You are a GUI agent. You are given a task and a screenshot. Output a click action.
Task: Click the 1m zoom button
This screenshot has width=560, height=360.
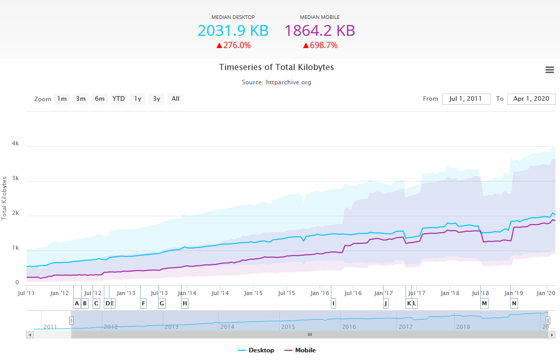pyautogui.click(x=62, y=99)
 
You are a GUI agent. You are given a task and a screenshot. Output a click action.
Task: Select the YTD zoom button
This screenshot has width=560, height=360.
pyautogui.click(x=119, y=99)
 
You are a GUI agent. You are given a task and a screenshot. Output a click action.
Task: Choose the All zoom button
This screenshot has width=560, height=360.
pyautogui.click(x=175, y=99)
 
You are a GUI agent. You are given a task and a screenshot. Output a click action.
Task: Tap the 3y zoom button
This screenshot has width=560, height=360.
pyautogui.click(x=156, y=99)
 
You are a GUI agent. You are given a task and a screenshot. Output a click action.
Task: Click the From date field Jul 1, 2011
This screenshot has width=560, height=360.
pyautogui.click(x=466, y=99)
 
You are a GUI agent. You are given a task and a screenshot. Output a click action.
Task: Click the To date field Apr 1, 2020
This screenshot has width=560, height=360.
pyautogui.click(x=531, y=99)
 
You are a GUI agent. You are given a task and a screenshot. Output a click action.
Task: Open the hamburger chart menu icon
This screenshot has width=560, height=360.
pyautogui.click(x=550, y=70)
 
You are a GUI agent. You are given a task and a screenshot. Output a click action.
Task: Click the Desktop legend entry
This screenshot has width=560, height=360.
pyautogui.click(x=256, y=350)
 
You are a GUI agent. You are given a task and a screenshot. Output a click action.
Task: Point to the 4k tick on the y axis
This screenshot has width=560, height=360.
pyautogui.click(x=15, y=144)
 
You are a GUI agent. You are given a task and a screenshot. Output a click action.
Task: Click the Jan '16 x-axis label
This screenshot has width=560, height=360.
pyautogui.click(x=320, y=293)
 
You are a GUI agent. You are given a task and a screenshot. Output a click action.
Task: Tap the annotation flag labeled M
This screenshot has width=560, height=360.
pyautogui.click(x=484, y=303)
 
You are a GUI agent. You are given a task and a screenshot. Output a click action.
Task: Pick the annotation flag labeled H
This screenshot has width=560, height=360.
pyautogui.click(x=185, y=303)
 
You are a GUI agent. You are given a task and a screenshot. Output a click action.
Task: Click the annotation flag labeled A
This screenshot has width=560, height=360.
pyautogui.click(x=77, y=303)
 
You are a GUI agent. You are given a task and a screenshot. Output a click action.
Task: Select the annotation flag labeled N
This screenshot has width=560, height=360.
pyautogui.click(x=514, y=303)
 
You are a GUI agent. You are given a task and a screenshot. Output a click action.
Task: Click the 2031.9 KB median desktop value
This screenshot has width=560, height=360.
pyautogui.click(x=233, y=31)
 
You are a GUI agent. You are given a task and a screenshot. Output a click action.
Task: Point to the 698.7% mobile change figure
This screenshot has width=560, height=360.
pyautogui.click(x=320, y=45)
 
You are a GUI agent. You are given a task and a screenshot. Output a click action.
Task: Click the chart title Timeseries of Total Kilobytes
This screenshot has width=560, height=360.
pyautogui.click(x=276, y=67)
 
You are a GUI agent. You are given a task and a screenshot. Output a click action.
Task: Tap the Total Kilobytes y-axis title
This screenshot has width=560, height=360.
pyautogui.click(x=5, y=198)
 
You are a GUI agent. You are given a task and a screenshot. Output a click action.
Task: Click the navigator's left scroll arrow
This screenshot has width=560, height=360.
pyautogui.click(x=30, y=334)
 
